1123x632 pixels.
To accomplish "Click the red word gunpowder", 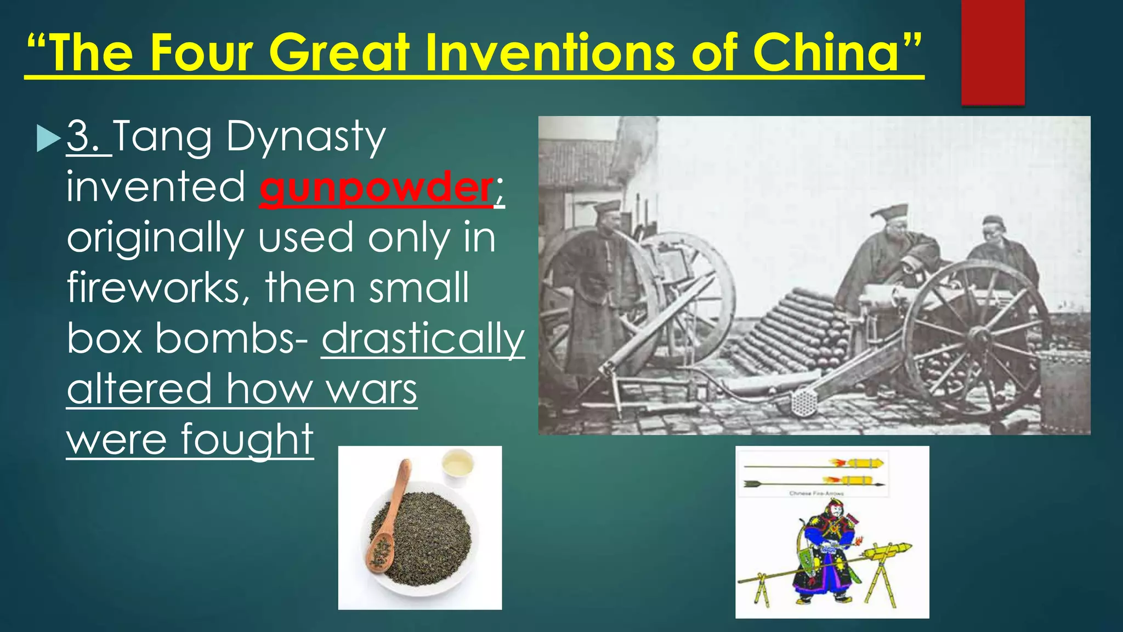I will tap(376, 188).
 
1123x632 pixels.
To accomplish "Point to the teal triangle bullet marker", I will tap(48, 138).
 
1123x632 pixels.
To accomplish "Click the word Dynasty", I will tap(305, 137).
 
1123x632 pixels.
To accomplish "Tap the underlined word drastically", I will tap(423, 339).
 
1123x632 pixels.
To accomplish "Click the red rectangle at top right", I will tap(992, 52).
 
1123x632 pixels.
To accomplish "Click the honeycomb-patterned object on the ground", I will tap(804, 403).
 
